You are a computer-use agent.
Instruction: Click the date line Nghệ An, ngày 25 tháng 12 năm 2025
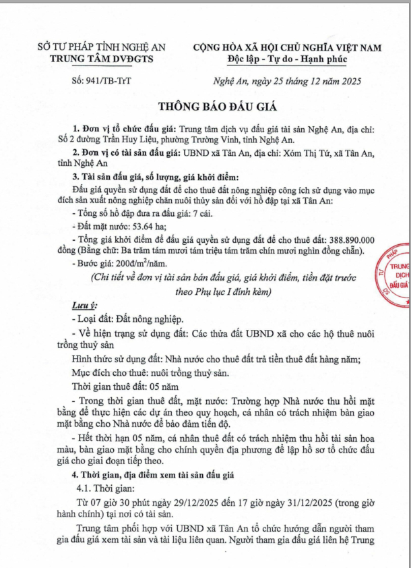283,82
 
